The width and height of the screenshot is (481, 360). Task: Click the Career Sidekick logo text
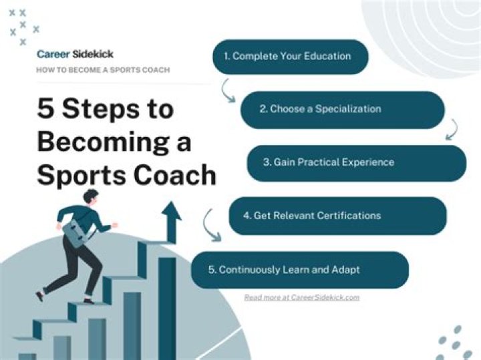[75, 54]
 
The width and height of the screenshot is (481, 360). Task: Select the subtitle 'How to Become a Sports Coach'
[103, 70]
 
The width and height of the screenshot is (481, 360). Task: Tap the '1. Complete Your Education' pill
[291, 57]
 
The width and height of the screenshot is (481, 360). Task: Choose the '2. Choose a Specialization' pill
[342, 110]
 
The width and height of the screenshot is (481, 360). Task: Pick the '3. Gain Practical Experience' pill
[356, 162]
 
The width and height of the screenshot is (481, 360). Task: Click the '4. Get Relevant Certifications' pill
[337, 215]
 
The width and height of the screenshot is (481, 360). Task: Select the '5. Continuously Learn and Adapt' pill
[299, 269]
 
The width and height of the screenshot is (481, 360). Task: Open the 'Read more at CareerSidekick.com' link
[301, 297]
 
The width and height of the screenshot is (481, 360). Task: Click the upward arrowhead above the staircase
[171, 212]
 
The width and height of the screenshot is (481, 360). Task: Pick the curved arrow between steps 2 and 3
[452, 128]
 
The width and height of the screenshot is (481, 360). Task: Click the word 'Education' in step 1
[328, 57]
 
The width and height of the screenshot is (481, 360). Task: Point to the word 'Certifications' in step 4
[349, 215]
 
